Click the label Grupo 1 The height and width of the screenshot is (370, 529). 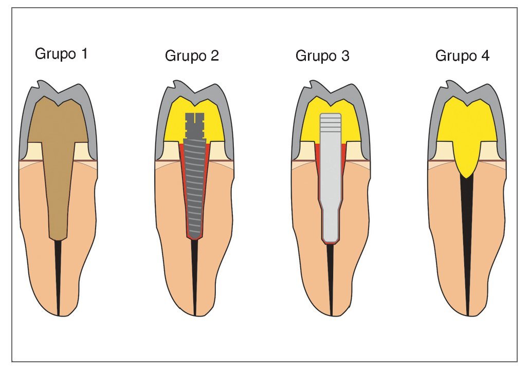click(x=61, y=53)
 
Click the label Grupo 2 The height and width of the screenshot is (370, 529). click(x=192, y=55)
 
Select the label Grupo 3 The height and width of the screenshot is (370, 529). click(x=322, y=55)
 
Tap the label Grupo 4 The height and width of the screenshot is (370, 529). click(x=462, y=55)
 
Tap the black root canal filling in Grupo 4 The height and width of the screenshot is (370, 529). click(x=468, y=247)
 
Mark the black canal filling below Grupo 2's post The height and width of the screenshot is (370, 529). click(x=195, y=277)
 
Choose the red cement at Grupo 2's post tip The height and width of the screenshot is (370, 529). click(x=195, y=238)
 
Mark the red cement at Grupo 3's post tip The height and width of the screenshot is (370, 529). click(x=331, y=243)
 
